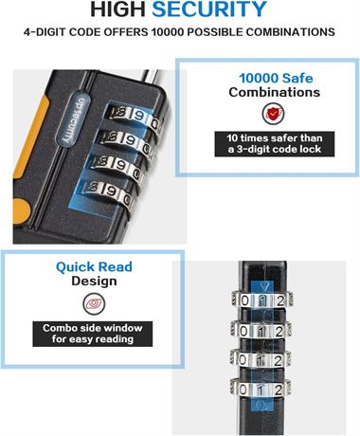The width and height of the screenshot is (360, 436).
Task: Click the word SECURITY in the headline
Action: point(209,9)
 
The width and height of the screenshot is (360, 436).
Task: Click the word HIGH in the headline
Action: point(117,9)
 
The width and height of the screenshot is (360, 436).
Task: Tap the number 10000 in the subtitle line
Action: point(165,32)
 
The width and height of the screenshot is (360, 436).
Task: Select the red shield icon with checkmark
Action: point(273,114)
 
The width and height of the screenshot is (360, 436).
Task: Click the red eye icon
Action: point(94,303)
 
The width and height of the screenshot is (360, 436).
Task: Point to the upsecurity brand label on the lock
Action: point(74,119)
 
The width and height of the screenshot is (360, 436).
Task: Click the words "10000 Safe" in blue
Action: point(276,78)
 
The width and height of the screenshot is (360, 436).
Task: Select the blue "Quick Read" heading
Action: point(94,267)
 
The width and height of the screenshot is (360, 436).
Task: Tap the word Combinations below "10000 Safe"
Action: point(275,92)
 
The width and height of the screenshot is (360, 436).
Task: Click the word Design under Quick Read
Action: point(94,282)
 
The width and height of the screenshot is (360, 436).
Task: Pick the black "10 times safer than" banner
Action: point(275,144)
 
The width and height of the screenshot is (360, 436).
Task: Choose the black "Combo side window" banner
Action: point(93,334)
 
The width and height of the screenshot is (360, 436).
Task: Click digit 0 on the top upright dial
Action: point(244,300)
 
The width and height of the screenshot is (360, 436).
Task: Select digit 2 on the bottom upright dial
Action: point(279,390)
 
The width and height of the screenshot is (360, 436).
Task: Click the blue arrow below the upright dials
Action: point(261,404)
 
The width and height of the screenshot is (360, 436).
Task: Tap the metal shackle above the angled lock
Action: point(152,79)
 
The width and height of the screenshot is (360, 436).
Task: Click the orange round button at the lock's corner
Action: point(21,211)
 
